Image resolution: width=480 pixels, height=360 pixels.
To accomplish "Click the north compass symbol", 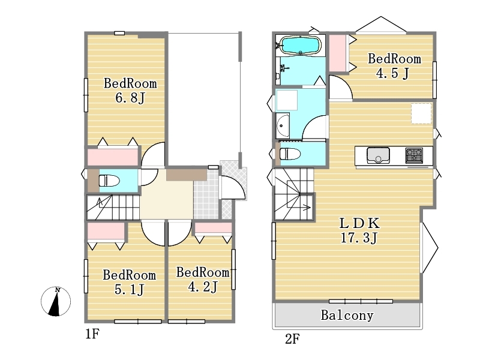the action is (56, 302).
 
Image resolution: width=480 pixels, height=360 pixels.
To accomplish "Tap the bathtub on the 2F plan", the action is (301, 46).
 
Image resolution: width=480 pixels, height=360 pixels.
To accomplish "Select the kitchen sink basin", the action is (378, 155).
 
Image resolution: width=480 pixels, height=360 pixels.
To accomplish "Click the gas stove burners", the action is (414, 155).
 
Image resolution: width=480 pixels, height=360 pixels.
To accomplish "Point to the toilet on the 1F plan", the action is (109, 181).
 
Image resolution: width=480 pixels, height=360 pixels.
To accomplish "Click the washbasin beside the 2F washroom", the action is (282, 125).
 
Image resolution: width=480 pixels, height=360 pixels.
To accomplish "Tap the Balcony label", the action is (347, 316).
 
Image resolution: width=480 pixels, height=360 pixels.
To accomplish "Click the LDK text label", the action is (359, 223).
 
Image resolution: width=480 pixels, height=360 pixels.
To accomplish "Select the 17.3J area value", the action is (359, 238).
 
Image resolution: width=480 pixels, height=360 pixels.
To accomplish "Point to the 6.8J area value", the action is (130, 98).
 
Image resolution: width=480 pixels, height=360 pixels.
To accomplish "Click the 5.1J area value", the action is (129, 289).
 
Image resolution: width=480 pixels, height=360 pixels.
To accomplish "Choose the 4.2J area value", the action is (203, 287).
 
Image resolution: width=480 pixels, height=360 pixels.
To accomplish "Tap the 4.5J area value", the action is (392, 73).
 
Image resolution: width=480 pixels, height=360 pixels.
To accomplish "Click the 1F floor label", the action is (92, 334).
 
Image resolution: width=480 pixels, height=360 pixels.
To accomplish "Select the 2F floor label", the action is (292, 339).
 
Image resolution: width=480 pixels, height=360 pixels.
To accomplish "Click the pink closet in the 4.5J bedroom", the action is (338, 53).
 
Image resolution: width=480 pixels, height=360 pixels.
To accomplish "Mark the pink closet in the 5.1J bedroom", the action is (106, 231).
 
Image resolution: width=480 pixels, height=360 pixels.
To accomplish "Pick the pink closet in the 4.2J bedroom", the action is (213, 227).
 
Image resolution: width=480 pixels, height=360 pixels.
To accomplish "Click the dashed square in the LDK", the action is (421, 113).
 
